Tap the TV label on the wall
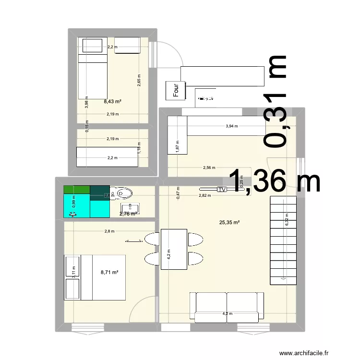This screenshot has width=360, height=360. click(x=222, y=190)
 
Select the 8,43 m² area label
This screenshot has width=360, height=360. click(x=112, y=101)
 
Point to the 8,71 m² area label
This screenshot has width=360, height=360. click(x=109, y=272)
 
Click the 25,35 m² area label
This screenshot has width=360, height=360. click(x=229, y=222)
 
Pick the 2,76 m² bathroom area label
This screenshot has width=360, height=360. click(x=128, y=214)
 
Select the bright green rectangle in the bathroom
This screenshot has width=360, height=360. click(x=76, y=189)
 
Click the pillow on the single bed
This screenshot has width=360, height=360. click(x=93, y=46)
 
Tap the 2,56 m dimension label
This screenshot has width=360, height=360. click(x=209, y=168)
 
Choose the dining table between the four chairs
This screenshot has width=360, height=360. click(x=173, y=250)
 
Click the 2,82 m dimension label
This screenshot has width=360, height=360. click(x=205, y=195)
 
